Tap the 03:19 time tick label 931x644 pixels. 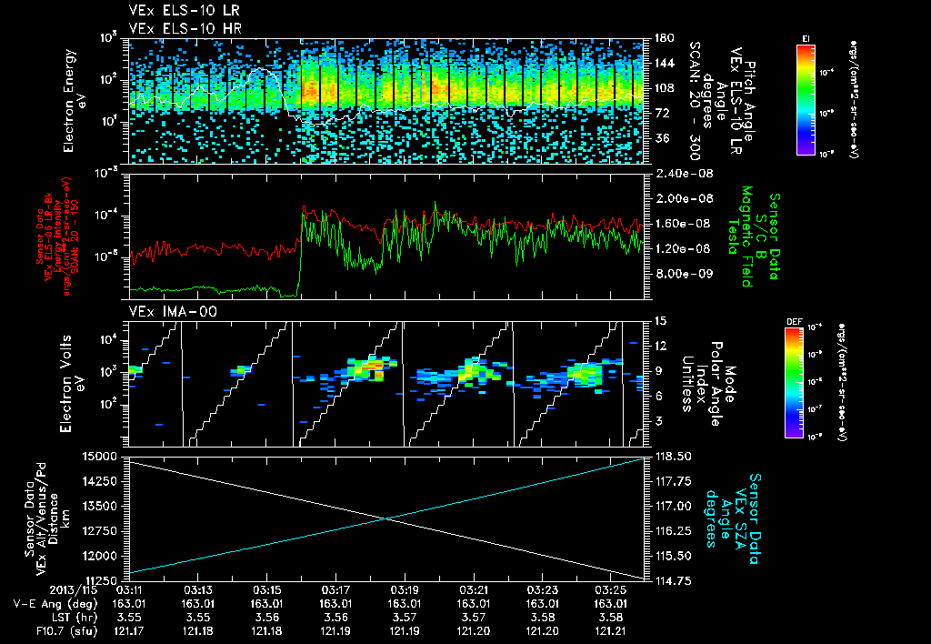[x=405, y=589]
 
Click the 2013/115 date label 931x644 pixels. [x=37, y=589]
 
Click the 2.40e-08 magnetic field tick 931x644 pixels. [x=681, y=173]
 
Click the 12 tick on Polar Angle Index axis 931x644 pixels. [x=661, y=346]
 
